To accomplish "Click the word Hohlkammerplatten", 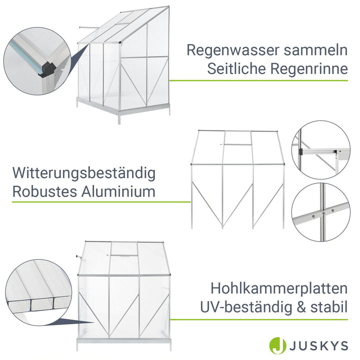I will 278,288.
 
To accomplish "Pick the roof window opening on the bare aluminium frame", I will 237,144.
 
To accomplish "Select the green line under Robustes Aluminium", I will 100,202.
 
